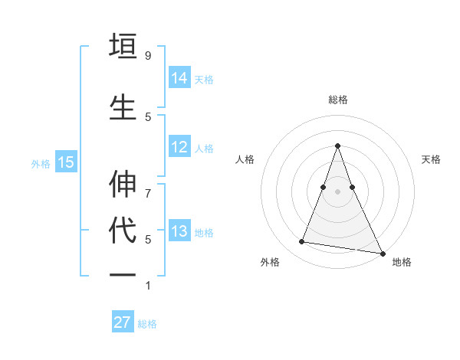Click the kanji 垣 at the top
click(123, 45)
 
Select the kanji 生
click(123, 106)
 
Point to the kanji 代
click(123, 230)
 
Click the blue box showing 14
click(179, 77)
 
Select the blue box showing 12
click(179, 147)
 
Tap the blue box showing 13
click(179, 231)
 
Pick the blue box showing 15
click(66, 162)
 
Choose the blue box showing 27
click(123, 322)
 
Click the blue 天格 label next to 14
click(204, 79)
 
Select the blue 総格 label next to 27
click(147, 324)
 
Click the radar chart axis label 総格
click(337, 100)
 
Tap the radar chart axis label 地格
click(402, 262)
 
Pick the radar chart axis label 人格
click(245, 159)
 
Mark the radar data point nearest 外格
click(302, 242)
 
